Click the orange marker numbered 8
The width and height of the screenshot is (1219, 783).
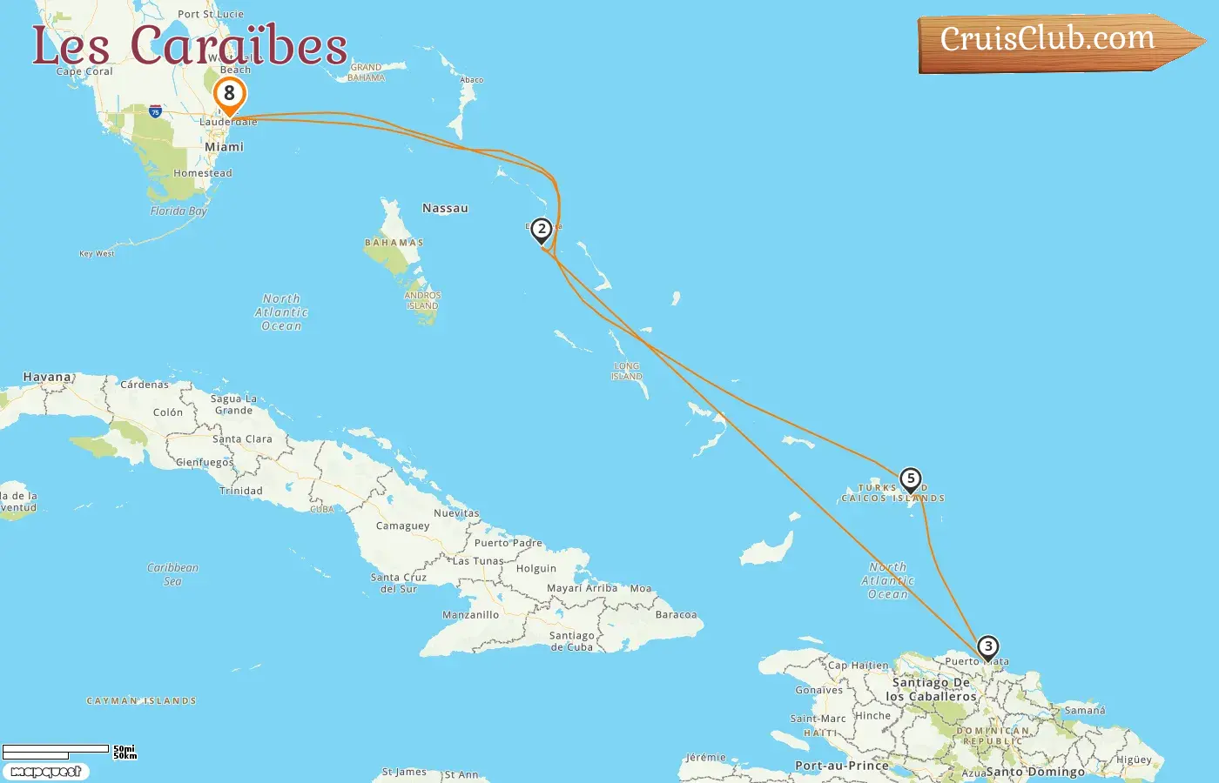[x=230, y=94]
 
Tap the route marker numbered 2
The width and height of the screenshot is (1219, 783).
[x=542, y=230]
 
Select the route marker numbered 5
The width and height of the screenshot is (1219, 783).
[x=911, y=478]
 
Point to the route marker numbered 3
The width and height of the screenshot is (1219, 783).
[x=987, y=647]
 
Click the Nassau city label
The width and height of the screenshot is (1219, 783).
[x=445, y=208]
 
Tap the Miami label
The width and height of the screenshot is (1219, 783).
[x=224, y=147]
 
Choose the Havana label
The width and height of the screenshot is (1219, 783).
[x=48, y=377]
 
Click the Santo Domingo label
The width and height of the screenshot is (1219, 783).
[x=1035, y=772]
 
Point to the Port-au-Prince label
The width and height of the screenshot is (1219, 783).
[x=841, y=766]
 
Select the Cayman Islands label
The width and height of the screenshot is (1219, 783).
[x=141, y=700]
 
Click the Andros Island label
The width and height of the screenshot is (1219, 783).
[x=422, y=300]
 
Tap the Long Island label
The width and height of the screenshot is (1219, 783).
[x=627, y=371]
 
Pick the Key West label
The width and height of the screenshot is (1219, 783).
[x=97, y=254]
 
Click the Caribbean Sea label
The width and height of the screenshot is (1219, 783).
[x=172, y=574]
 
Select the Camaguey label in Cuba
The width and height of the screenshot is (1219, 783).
[x=402, y=525]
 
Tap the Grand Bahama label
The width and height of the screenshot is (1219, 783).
[x=367, y=72]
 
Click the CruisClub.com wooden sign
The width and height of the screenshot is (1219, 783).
[x=1048, y=40]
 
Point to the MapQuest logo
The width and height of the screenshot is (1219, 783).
[x=45, y=772]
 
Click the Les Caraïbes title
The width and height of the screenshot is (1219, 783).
[x=190, y=46]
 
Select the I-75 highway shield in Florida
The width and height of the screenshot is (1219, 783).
[x=155, y=111]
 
